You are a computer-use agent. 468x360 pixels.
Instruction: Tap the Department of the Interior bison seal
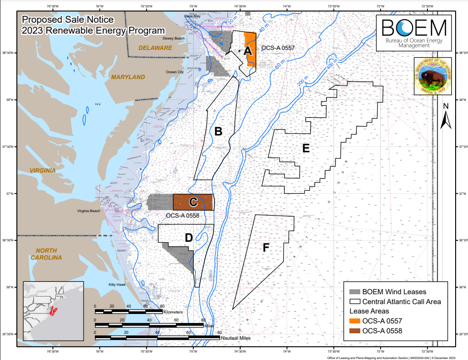[x=435, y=77]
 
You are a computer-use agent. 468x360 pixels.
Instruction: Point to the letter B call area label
[x=218, y=132]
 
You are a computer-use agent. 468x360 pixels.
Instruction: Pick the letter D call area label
[x=188, y=238]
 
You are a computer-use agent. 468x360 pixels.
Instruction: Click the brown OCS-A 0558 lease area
[x=193, y=202]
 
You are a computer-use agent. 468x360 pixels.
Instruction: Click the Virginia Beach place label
[x=88, y=211]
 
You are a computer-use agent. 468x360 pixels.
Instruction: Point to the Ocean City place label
[x=174, y=72]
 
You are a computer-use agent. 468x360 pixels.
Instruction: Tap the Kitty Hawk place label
[x=117, y=285]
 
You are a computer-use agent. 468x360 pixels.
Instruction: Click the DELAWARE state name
[x=155, y=48]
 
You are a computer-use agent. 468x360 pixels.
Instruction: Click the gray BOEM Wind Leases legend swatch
[x=354, y=292]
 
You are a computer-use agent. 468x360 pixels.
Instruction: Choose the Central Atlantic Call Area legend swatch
[x=354, y=302]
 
